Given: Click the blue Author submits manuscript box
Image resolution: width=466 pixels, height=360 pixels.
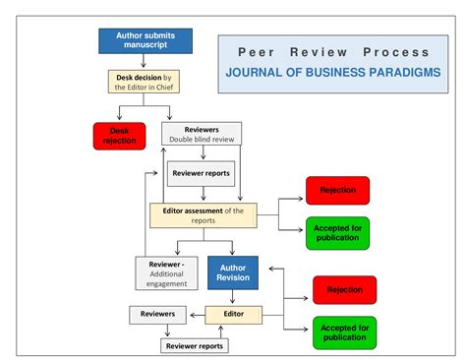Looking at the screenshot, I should [144, 41].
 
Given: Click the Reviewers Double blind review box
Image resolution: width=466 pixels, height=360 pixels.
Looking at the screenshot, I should [201, 134].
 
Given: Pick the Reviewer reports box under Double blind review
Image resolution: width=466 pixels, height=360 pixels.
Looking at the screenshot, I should [201, 173].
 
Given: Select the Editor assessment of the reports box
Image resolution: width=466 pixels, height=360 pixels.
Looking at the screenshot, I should [203, 214].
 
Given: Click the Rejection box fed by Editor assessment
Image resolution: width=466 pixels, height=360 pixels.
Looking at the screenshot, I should [337, 190].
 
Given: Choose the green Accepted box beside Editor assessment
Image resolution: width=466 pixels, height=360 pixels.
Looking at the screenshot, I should [337, 232].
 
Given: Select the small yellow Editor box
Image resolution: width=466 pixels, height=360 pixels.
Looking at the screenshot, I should [234, 315].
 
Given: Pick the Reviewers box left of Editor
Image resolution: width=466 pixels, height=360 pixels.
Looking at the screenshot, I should [157, 315].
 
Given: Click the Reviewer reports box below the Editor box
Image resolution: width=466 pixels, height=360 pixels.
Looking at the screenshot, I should [195, 345].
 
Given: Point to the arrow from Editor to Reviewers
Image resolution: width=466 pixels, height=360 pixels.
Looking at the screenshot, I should [195, 315].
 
